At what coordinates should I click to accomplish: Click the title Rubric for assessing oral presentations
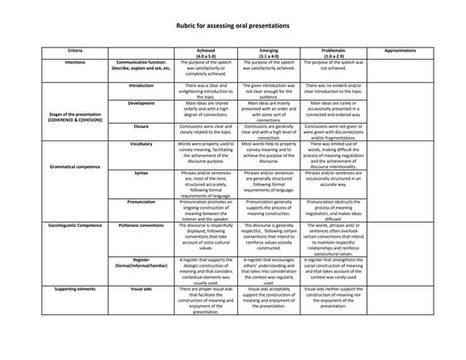pos(233,26)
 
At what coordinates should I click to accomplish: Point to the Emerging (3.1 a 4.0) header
pos(263,53)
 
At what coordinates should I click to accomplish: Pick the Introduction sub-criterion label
pos(141,85)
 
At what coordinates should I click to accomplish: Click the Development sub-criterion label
pos(141,103)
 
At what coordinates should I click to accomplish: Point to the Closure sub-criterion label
pos(141,126)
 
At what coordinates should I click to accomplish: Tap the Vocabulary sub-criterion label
pos(141,144)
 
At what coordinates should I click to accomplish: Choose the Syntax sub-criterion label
pos(141,172)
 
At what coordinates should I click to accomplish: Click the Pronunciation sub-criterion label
pos(141,201)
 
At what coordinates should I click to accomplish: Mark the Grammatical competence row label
pos(75,166)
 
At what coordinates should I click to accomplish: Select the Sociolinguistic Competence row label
pos(75,224)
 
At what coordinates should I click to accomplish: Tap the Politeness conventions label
pos(141,224)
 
